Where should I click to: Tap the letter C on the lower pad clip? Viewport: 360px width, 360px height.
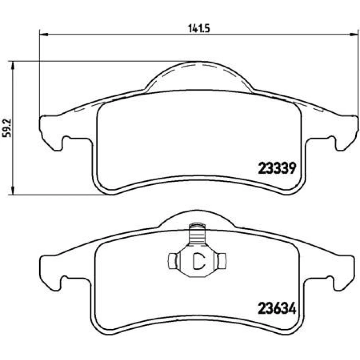coord(199,261)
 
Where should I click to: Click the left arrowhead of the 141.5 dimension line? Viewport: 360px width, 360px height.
coord(44,35)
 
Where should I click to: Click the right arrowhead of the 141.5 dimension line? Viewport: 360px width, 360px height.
coord(354,35)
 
